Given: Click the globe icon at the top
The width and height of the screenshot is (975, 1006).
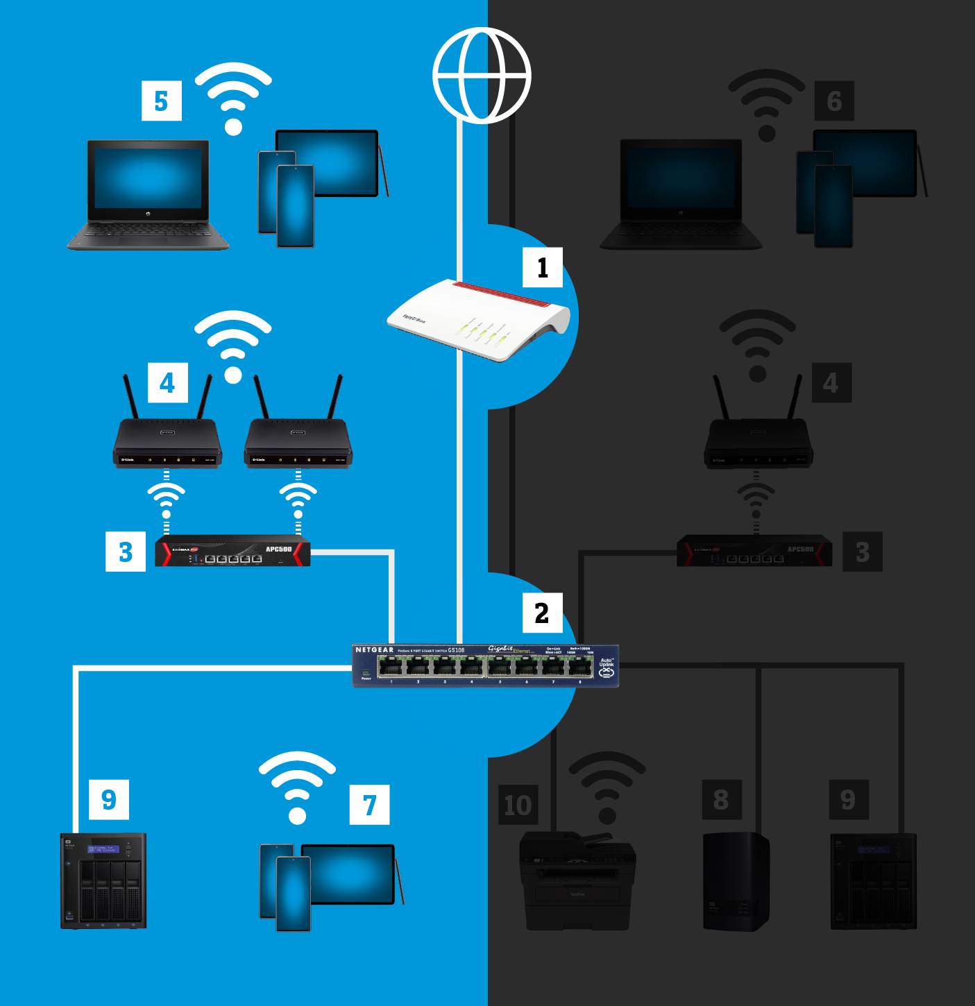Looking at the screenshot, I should (x=482, y=75).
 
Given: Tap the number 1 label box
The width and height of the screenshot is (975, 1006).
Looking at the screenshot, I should (x=543, y=266).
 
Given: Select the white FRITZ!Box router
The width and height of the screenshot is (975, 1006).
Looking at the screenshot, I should (x=479, y=319).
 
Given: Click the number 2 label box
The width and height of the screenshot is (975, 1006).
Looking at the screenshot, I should (x=541, y=612).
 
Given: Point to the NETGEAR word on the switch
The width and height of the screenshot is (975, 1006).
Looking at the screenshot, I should (x=374, y=650).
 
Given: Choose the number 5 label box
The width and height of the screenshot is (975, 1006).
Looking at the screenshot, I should (x=161, y=101).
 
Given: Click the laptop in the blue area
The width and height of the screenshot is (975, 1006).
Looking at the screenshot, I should (x=149, y=195).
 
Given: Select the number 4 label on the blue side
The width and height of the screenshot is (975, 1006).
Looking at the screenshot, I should (x=167, y=382).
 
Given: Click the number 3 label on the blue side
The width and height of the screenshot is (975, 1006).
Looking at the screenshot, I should (x=126, y=552).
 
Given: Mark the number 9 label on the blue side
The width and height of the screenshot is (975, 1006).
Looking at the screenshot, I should (x=109, y=799).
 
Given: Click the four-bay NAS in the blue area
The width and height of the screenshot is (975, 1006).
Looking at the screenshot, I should (x=103, y=881).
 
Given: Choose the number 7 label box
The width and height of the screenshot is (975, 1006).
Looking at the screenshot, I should (x=369, y=805).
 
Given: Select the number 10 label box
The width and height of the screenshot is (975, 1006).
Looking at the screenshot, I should (x=518, y=805).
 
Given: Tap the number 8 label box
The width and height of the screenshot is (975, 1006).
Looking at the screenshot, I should (x=721, y=799).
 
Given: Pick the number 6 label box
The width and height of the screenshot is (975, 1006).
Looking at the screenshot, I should (x=834, y=101).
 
